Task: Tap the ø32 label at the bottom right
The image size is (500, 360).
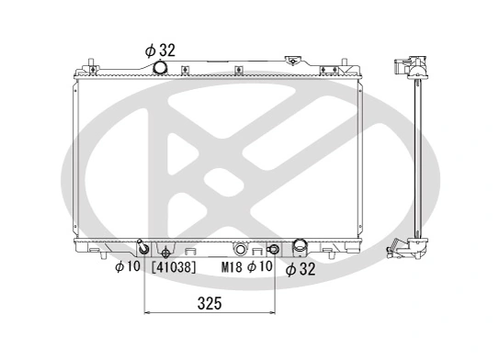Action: click(x=301, y=269)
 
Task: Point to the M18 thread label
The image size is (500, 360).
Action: click(x=233, y=268)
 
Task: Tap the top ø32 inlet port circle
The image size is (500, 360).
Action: click(x=161, y=69)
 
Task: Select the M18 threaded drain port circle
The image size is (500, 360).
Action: click(x=240, y=249)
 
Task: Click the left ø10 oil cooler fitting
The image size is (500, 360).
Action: click(x=142, y=249)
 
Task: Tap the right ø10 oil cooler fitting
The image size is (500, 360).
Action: click(x=272, y=249)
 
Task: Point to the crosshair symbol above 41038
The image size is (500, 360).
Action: click(x=165, y=253)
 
